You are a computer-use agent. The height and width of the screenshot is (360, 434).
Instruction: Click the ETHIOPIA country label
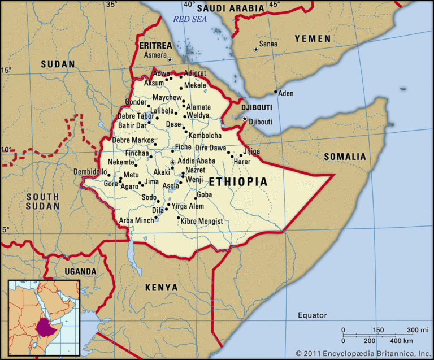[x=238, y=182]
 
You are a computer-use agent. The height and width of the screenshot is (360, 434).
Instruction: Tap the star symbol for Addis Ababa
[x=172, y=162]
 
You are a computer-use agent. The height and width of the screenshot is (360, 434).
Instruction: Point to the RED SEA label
[x=190, y=19]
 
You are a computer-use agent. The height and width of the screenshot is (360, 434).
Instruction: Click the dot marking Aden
[x=276, y=92]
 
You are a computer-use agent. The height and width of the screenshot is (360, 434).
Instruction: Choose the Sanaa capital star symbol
[x=255, y=50]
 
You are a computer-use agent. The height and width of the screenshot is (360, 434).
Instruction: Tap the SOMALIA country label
[x=344, y=157]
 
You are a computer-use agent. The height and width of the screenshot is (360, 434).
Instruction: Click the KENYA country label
[x=161, y=288]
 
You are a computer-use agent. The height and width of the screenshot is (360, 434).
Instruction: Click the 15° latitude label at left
[x=6, y=70]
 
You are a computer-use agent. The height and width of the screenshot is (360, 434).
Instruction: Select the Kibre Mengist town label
[x=202, y=221]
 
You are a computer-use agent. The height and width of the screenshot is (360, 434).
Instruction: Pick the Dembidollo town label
[x=90, y=172]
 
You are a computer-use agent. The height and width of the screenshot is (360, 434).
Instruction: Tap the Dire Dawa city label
[x=210, y=148]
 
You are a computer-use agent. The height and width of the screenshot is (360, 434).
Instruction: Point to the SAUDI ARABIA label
[x=230, y=8]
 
